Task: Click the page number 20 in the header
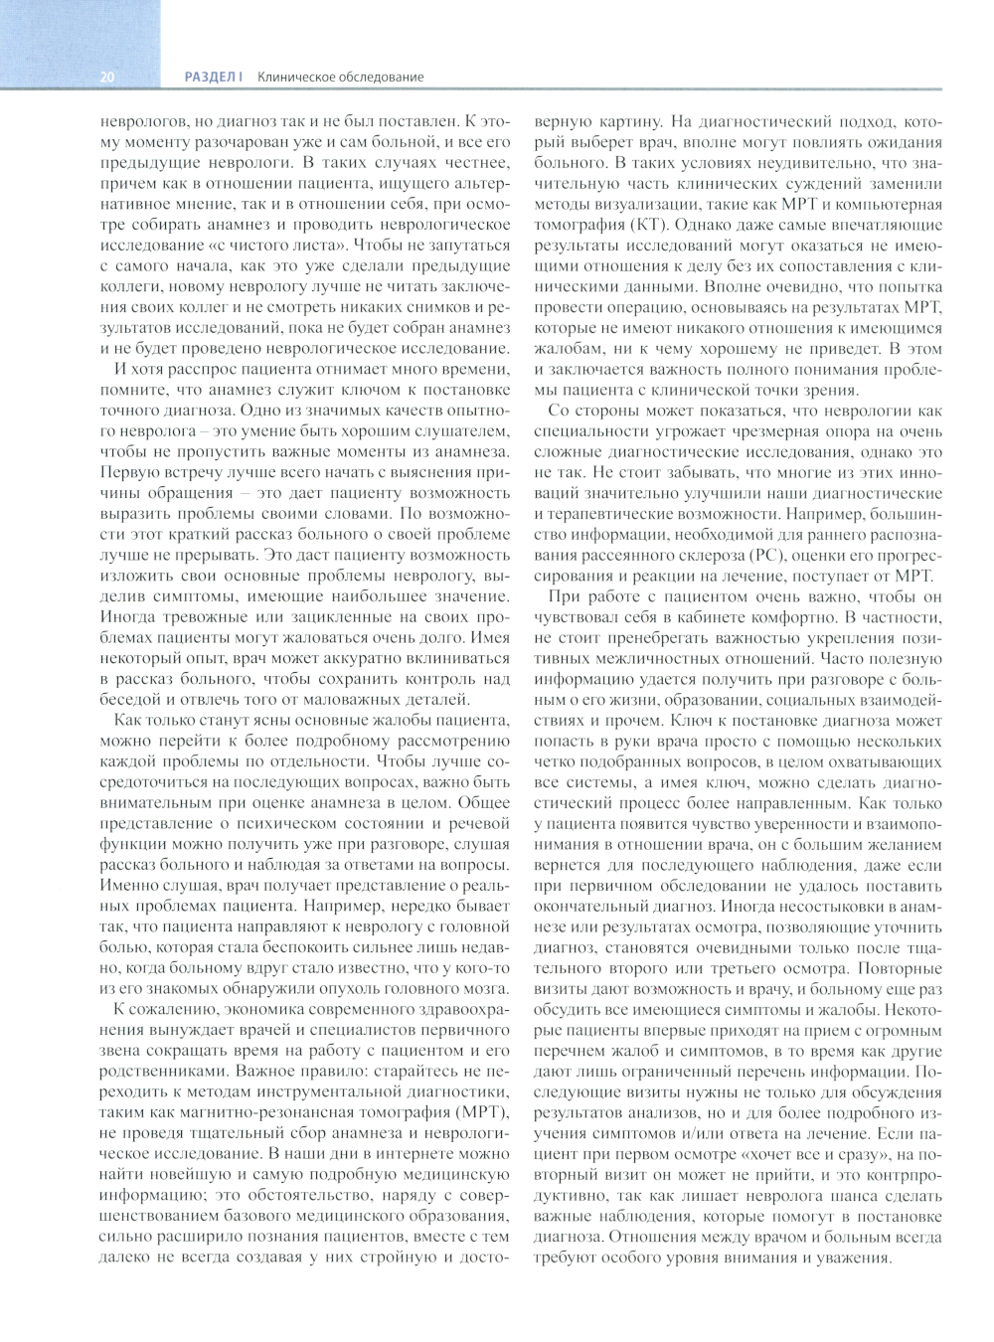tap(107, 77)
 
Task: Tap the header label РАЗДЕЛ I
tap(214, 77)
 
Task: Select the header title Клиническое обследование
tap(340, 77)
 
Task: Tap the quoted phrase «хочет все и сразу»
tap(815, 1154)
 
